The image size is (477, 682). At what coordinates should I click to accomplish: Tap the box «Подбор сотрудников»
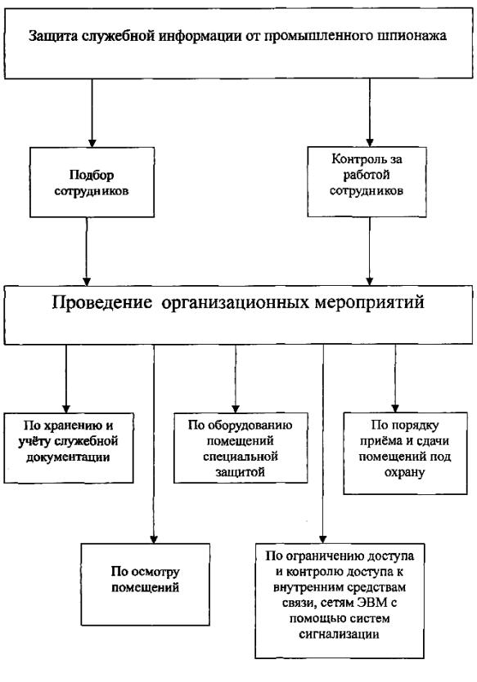pos(92,182)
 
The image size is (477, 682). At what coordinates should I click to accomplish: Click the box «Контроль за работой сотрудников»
pos(367,182)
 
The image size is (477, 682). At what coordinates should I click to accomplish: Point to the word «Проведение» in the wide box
pos(102,302)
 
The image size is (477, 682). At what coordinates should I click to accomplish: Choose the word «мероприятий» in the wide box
pos(369,302)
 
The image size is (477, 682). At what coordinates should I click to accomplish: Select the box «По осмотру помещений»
pos(145,584)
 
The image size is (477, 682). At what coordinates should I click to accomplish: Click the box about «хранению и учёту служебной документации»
pos(69,448)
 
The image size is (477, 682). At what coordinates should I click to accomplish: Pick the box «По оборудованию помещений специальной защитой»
pos(241,448)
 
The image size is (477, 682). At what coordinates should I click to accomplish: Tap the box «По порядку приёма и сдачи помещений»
pos(405,453)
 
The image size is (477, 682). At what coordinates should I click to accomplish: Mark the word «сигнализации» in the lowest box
pos(339,634)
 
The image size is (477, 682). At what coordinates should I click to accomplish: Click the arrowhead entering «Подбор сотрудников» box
pos(92,143)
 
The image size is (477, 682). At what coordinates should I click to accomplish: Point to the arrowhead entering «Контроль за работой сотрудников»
pos(369,143)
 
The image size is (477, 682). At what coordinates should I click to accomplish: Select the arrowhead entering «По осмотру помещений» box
pos(154,539)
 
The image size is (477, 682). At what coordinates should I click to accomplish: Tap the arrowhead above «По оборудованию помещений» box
pos(236,408)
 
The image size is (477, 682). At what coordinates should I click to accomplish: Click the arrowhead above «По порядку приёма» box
pos(395,408)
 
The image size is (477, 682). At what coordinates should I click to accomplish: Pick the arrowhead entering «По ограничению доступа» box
pos(323,539)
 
